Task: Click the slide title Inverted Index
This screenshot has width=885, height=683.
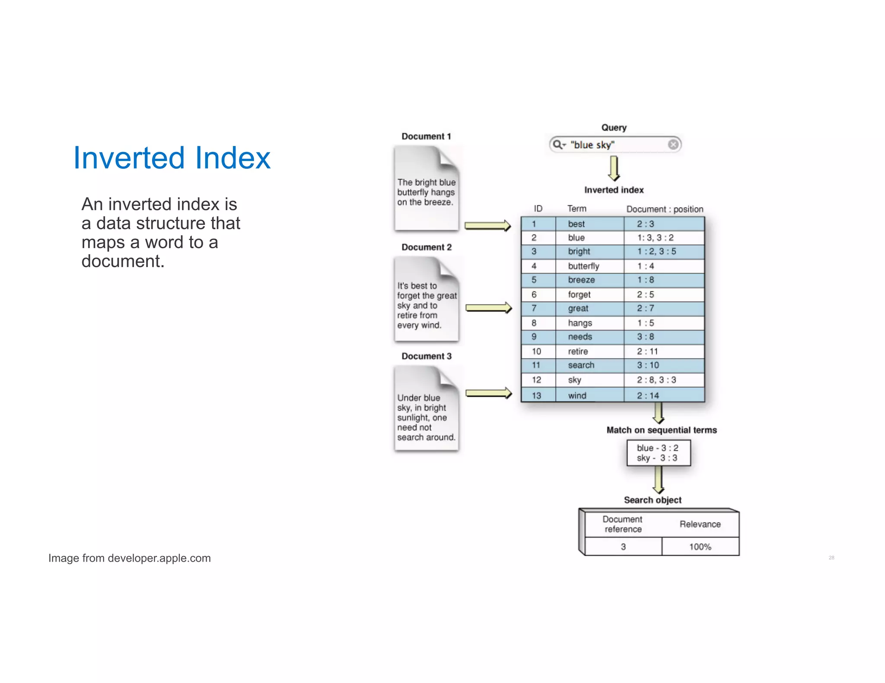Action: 172,158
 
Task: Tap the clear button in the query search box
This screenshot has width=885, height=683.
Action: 672,145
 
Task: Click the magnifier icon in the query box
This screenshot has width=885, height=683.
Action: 558,145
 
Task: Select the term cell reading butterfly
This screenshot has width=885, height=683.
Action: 583,266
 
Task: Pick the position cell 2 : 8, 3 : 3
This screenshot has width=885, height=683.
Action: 656,380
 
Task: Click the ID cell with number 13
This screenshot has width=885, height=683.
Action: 536,395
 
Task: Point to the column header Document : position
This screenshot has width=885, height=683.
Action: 665,209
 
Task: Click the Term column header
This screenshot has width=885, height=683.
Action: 576,209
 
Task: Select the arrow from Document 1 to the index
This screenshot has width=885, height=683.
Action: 487,226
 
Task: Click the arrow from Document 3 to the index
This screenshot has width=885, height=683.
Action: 488,393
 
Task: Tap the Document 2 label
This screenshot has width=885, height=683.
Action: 426,247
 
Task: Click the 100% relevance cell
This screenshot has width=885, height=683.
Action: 700,547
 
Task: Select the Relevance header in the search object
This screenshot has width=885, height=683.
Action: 700,524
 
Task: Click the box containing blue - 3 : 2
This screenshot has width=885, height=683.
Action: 658,453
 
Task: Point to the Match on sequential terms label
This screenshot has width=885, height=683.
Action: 661,430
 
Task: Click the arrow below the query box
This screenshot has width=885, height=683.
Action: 614,168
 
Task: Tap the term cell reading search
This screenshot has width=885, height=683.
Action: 581,365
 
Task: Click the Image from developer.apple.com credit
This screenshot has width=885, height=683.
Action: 129,558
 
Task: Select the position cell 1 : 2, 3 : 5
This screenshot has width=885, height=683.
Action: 656,251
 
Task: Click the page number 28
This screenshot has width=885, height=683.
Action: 831,558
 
